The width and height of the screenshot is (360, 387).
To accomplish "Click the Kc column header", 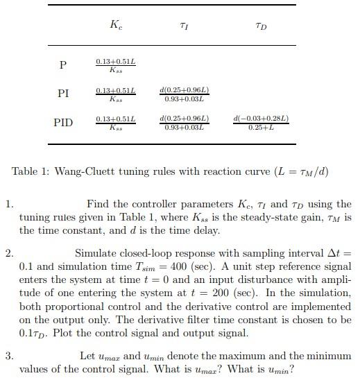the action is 116,26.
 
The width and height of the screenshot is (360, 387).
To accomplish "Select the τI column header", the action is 184,26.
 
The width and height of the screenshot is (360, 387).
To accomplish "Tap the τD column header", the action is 262,26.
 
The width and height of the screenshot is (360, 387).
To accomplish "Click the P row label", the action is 63,65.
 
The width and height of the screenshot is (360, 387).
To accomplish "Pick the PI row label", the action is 63,94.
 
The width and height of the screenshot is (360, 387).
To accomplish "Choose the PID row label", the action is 63,123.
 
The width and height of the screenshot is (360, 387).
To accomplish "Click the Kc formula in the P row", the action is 116,65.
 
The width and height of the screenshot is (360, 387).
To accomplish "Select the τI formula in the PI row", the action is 184,94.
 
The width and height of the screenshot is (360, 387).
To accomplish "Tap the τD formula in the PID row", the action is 262,123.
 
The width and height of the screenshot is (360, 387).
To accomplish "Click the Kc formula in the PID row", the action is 116,123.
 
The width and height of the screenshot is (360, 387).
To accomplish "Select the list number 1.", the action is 8,205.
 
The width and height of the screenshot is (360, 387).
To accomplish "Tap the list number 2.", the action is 8,254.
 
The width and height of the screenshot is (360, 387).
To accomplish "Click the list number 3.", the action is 8,356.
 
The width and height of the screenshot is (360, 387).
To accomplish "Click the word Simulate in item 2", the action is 97,254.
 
